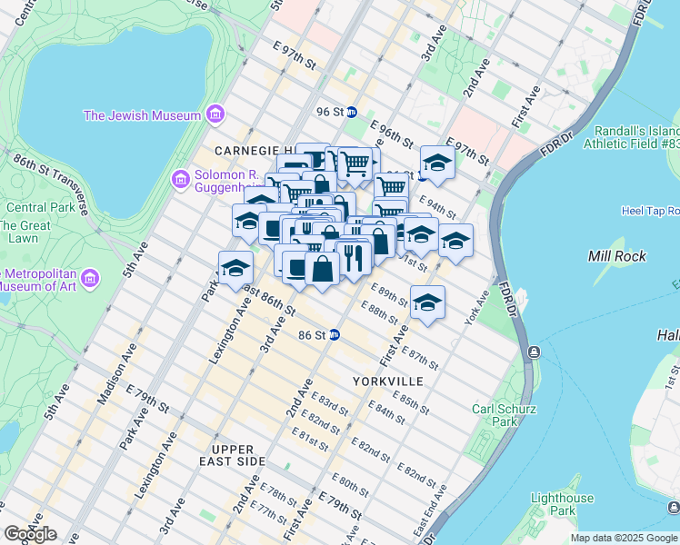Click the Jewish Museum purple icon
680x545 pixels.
point(215,114)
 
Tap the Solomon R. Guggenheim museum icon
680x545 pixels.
point(181,180)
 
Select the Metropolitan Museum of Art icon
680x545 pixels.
point(89,277)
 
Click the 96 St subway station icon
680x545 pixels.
point(351,112)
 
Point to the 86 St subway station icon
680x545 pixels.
point(334,334)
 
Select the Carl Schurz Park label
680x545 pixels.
point(495,415)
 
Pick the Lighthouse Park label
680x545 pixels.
point(562,504)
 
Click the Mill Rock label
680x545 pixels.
point(616,256)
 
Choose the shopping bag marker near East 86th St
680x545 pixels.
point(322,270)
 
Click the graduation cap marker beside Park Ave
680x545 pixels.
point(235,269)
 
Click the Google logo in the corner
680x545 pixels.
point(29,534)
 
